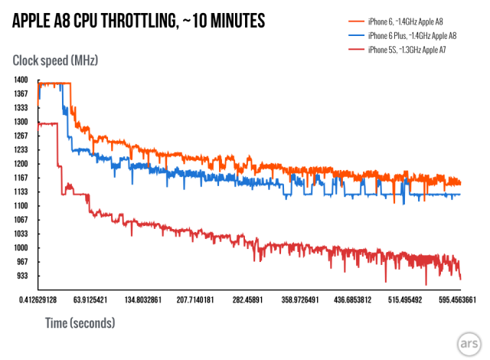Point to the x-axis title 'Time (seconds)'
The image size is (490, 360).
(x=80, y=322)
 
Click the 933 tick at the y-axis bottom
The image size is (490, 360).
(x=21, y=276)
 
